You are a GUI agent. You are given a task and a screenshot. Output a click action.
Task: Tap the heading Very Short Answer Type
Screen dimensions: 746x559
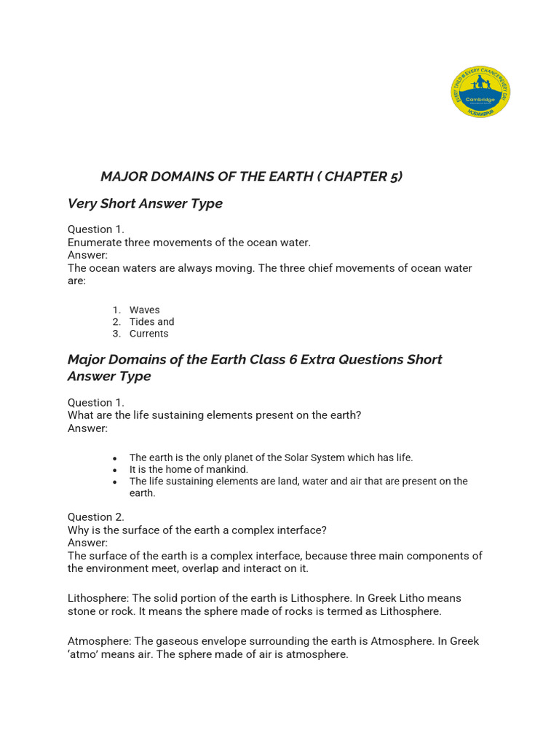(145, 203)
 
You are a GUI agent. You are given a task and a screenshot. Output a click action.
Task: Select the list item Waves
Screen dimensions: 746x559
(144, 310)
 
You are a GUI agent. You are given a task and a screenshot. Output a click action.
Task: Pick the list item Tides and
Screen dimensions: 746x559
(151, 321)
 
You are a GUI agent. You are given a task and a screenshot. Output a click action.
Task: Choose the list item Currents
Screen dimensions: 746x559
(148, 334)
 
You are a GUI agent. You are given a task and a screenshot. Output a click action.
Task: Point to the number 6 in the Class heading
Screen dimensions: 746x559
(293, 359)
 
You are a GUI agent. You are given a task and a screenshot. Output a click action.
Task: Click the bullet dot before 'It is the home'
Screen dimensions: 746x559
(115, 470)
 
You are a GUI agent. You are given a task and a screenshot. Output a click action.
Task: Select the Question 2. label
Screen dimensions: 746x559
(96, 517)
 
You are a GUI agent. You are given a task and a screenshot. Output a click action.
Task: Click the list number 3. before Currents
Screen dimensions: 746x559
(116, 334)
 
